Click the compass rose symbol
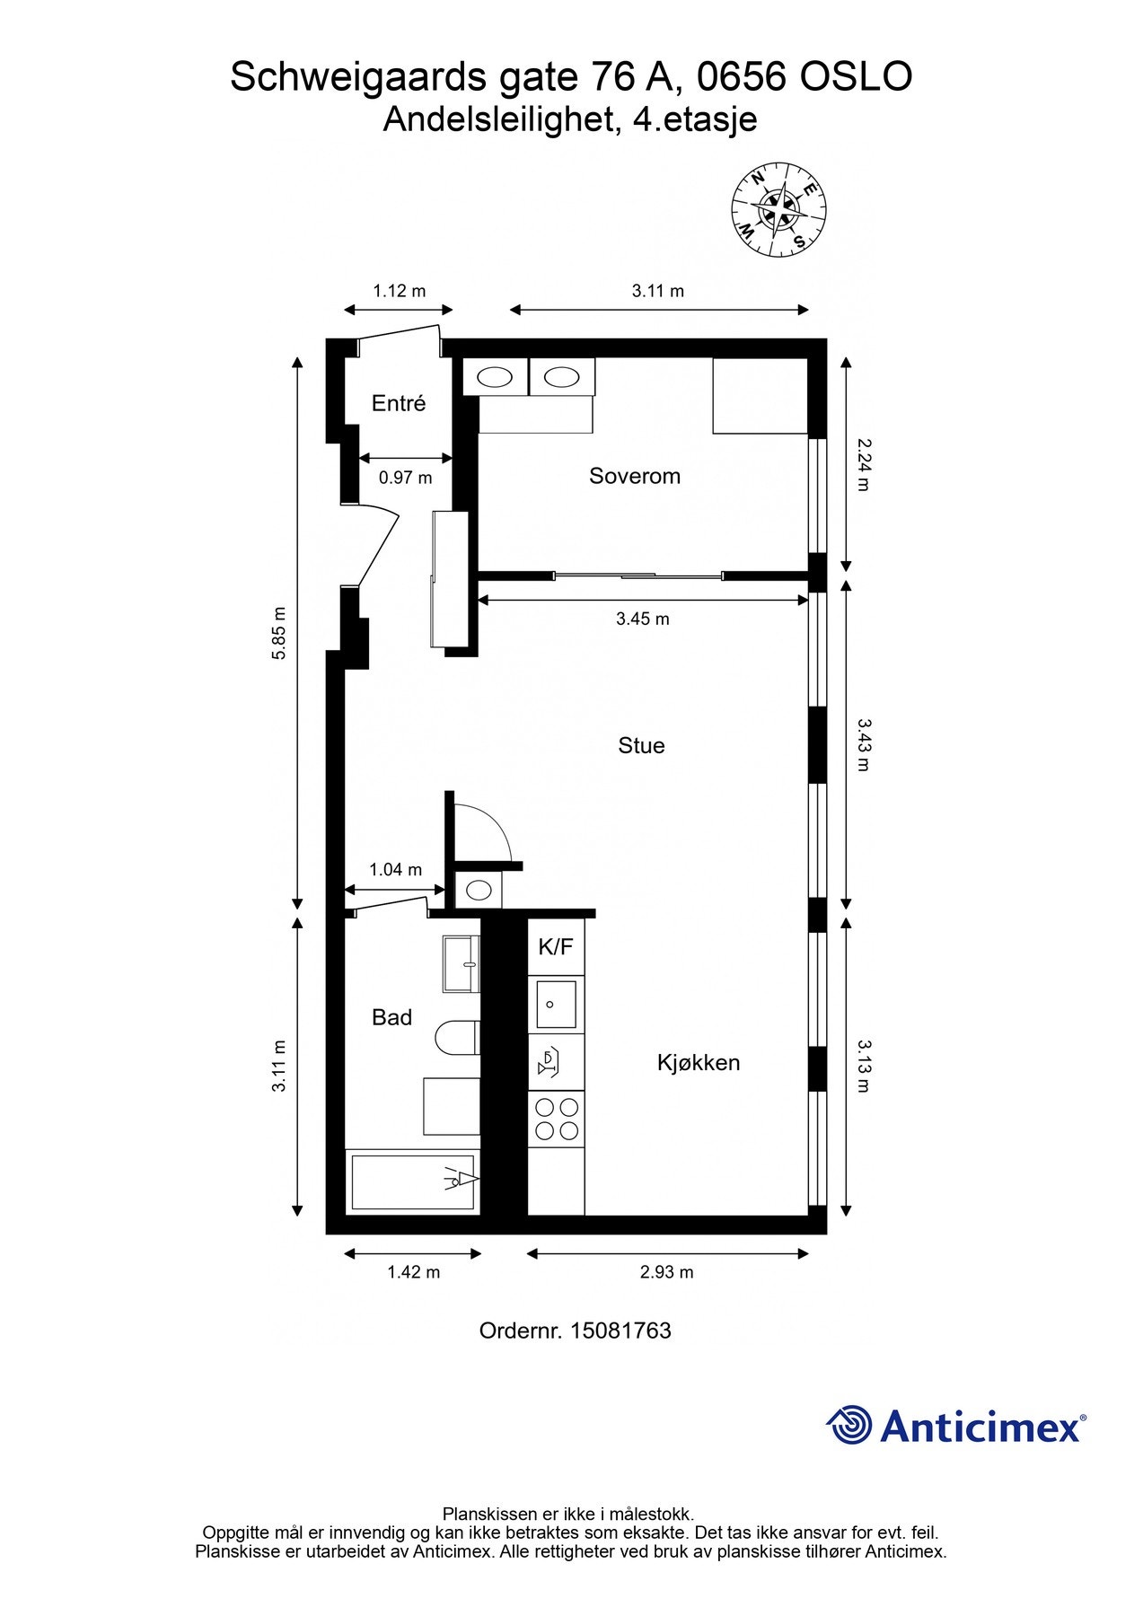tap(779, 211)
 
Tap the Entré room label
tap(399, 404)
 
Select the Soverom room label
tap(635, 476)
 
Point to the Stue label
tap(641, 745)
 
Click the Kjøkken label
tap(699, 1063)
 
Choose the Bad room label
tap(391, 1017)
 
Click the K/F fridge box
tap(556, 946)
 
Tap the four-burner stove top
tap(557, 1119)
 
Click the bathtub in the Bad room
tap(413, 1182)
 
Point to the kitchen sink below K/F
tap(557, 1004)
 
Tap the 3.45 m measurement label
tap(643, 619)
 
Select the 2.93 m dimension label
tap(667, 1272)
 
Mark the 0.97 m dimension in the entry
tap(405, 478)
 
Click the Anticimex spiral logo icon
tap(849, 1425)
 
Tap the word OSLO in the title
tap(856, 77)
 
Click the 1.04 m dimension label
tap(396, 870)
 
